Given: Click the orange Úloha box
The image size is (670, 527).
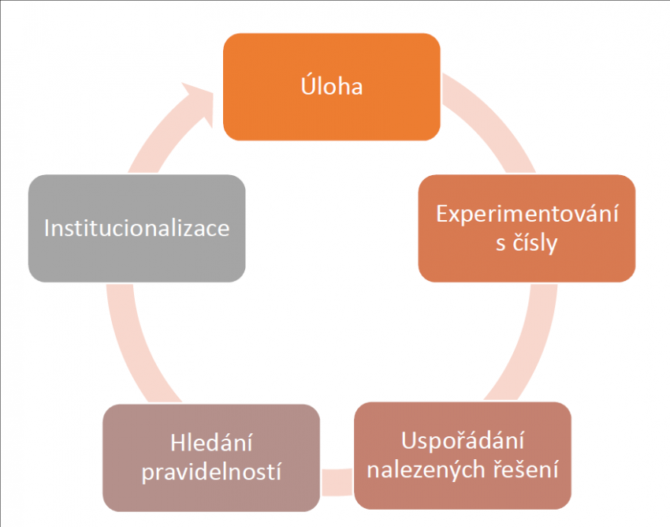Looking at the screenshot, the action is (332, 87).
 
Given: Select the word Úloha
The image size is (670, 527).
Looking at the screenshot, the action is (332, 86).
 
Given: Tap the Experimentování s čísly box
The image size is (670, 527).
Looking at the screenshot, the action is (527, 228).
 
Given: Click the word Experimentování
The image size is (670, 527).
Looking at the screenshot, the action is (527, 214).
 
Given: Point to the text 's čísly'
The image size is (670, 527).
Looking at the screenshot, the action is (527, 243).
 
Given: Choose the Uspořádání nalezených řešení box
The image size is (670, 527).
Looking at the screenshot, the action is (463, 455).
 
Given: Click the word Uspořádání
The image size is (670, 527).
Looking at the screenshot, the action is (463, 441).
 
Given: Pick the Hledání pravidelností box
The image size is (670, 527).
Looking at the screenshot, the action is (211, 458).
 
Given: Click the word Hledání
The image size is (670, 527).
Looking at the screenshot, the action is (211, 443).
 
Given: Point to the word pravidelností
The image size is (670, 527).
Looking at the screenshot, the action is (211, 472).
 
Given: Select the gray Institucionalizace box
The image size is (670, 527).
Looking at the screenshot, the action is (136, 228).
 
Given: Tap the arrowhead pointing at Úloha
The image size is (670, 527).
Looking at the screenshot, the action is (200, 102).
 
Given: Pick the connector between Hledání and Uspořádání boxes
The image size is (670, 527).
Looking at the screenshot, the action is (337, 482).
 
